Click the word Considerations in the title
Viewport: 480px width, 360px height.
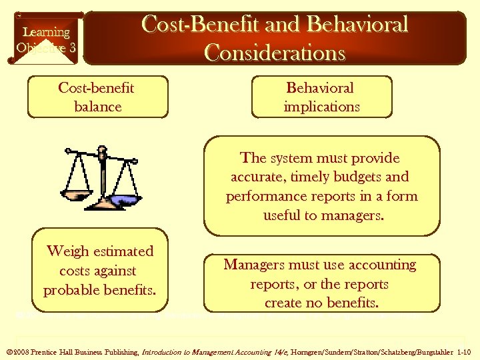click(x=275, y=52)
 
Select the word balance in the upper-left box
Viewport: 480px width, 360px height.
click(x=98, y=107)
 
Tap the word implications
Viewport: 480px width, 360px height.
click(x=321, y=107)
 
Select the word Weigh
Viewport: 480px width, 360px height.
click(x=68, y=251)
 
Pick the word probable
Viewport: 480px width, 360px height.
click(x=70, y=291)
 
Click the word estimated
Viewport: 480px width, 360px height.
click(x=124, y=251)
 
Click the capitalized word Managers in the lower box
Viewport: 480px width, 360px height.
click(x=256, y=265)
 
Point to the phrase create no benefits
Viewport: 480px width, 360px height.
click(x=322, y=303)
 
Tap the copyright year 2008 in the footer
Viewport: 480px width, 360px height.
click(x=20, y=352)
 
